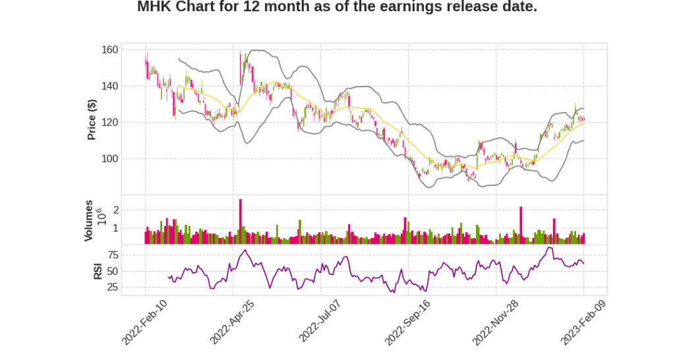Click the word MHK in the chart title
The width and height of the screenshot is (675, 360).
[154, 7]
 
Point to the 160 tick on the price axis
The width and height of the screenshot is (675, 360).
[109, 50]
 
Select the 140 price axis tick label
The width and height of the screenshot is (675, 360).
[109, 86]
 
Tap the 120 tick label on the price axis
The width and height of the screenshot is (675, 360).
[109, 123]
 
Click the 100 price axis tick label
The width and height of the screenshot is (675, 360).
[109, 159]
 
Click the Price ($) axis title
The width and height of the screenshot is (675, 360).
[92, 119]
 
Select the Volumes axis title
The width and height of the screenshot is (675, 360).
[88, 220]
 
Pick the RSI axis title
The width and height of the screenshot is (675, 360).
[98, 270]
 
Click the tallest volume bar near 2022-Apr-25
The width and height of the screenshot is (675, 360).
[241, 222]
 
